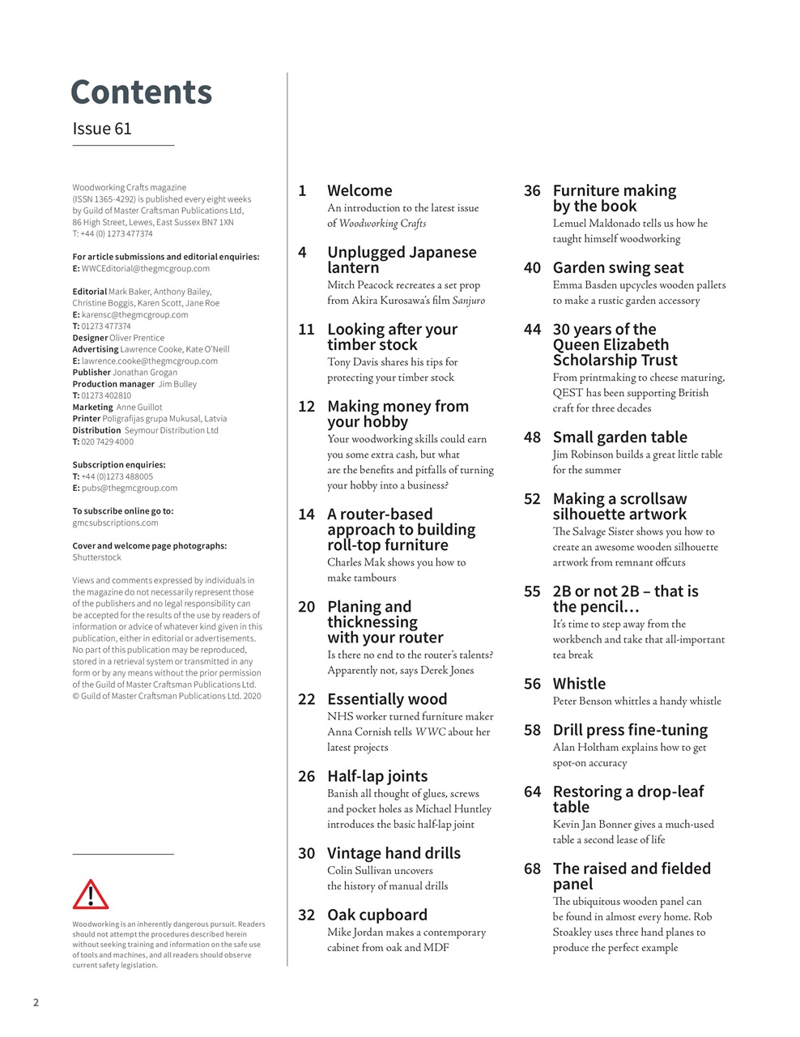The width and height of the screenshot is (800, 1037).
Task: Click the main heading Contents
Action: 141,92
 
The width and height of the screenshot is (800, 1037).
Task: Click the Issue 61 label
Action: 102,129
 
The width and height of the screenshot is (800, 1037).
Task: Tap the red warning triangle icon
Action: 91,894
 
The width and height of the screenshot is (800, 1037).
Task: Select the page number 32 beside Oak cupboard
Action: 306,915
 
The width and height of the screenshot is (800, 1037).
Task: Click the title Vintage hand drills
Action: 394,853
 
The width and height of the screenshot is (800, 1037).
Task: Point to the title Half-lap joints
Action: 377,776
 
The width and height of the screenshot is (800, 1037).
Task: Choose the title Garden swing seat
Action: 618,268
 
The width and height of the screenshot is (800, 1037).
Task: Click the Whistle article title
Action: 579,684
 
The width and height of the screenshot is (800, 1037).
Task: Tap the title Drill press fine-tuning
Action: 630,730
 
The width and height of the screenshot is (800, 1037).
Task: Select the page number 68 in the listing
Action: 532,868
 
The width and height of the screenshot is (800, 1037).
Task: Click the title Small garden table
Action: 619,437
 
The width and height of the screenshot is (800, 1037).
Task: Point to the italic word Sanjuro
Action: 468,301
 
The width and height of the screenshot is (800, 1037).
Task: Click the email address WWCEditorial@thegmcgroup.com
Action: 146,268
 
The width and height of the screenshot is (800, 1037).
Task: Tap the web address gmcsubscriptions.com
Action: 116,523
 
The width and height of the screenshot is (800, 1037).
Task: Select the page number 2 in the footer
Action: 36,1002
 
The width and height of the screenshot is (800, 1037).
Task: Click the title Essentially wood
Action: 387,699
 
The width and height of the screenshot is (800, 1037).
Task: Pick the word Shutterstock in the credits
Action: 97,557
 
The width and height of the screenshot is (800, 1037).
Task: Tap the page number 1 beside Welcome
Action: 302,191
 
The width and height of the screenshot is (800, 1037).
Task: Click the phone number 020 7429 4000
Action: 108,442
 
